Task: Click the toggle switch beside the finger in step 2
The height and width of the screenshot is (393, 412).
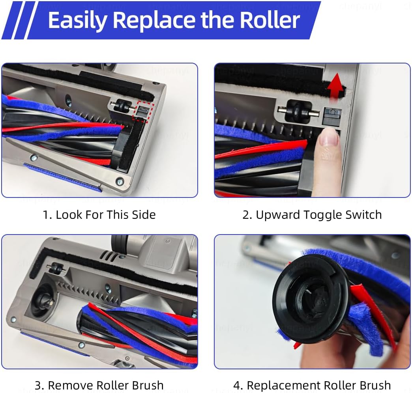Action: (x=331, y=116)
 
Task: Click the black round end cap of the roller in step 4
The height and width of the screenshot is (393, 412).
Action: (x=310, y=299)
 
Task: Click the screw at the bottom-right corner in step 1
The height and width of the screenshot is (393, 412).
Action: (x=120, y=181)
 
